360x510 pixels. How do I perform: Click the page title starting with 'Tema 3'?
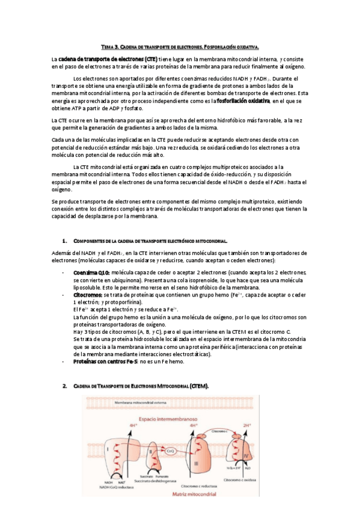[x=179, y=46]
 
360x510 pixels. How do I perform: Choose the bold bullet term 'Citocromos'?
[x=87, y=295]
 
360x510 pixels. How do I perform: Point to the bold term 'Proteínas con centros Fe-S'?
[x=105, y=361]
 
